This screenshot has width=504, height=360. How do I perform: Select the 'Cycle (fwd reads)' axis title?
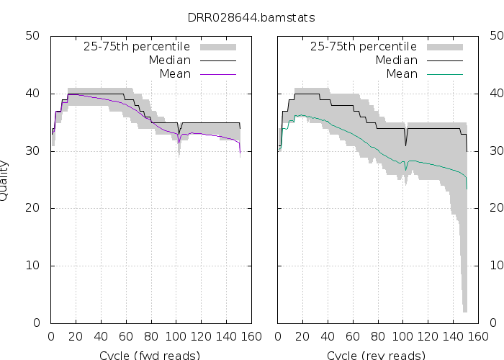point(149,355)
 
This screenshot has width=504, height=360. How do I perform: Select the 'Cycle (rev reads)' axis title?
point(376,355)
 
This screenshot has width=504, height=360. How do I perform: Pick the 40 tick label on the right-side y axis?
point(497,93)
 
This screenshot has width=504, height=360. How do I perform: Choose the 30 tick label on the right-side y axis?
point(497,150)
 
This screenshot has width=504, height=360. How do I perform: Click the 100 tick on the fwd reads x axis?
point(176,336)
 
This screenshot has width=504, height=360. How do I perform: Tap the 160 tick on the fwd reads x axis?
point(251,336)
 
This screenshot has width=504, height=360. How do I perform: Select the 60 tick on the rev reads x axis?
point(353,336)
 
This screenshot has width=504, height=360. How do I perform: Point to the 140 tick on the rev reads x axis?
point(453,336)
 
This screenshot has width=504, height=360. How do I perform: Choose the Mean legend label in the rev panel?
point(402,73)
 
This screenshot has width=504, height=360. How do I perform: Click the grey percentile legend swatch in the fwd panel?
point(216,47)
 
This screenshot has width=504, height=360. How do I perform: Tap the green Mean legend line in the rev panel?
point(443,73)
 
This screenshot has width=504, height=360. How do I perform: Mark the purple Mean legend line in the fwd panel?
point(216,73)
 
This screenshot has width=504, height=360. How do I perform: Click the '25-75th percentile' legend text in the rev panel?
point(364,47)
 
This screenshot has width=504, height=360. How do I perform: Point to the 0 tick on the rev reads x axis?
point(278,336)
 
